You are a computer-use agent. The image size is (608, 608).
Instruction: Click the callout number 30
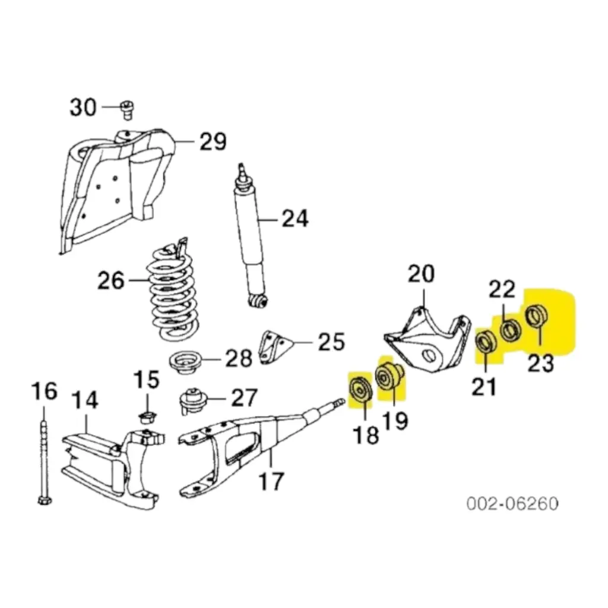click(x=83, y=107)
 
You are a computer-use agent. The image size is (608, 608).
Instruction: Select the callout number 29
click(x=213, y=141)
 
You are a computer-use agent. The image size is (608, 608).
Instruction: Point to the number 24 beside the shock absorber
click(x=294, y=218)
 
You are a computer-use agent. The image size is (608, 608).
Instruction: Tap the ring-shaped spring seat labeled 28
click(x=186, y=362)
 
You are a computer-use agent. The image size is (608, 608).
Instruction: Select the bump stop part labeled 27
click(x=193, y=401)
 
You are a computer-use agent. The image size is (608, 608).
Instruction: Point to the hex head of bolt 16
click(x=45, y=500)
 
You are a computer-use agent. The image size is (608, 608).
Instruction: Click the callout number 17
click(x=271, y=481)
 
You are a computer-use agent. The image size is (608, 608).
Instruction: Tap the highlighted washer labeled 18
click(x=360, y=389)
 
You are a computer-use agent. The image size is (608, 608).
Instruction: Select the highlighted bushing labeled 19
click(x=389, y=376)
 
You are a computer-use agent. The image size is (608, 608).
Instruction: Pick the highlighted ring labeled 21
click(x=486, y=343)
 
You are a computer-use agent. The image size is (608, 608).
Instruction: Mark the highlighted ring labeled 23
click(x=536, y=316)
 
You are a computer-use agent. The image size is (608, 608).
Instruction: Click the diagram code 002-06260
click(x=512, y=503)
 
